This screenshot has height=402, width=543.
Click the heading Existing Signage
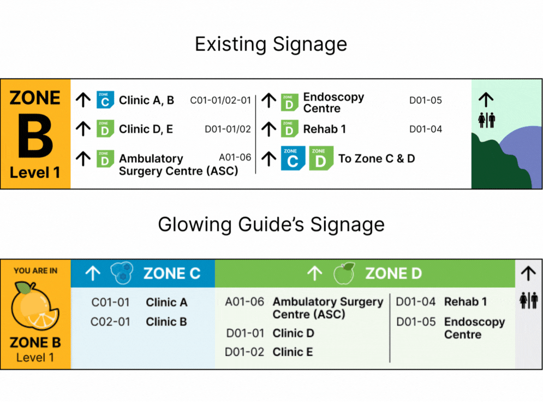tap(271, 44)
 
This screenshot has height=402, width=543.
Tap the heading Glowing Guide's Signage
tap(271, 224)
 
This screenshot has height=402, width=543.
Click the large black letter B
tap(35, 135)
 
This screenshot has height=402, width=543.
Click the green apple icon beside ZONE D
tap(344, 273)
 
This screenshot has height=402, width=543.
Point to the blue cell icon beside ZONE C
tap(122, 273)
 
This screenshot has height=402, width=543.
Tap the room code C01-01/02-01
tap(220, 100)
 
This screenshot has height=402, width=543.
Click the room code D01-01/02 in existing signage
tap(228, 129)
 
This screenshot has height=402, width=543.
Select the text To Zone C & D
tap(377, 158)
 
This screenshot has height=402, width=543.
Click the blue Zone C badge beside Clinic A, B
tap(105, 100)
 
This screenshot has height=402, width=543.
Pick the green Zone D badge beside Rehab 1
tap(289, 128)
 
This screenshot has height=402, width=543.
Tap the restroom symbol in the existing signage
tap(487, 120)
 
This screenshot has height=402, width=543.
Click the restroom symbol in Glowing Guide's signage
tap(528, 300)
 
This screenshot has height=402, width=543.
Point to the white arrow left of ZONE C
tap(93, 273)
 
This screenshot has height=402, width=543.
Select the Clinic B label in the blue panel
tap(166, 322)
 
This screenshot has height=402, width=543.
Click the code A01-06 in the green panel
tap(244, 302)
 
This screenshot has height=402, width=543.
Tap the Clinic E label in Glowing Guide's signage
tap(293, 352)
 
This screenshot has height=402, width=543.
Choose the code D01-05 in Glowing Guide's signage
tap(416, 322)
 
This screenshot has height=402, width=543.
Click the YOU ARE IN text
tap(35, 271)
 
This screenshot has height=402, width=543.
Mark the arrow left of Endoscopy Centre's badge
tap(268, 100)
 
